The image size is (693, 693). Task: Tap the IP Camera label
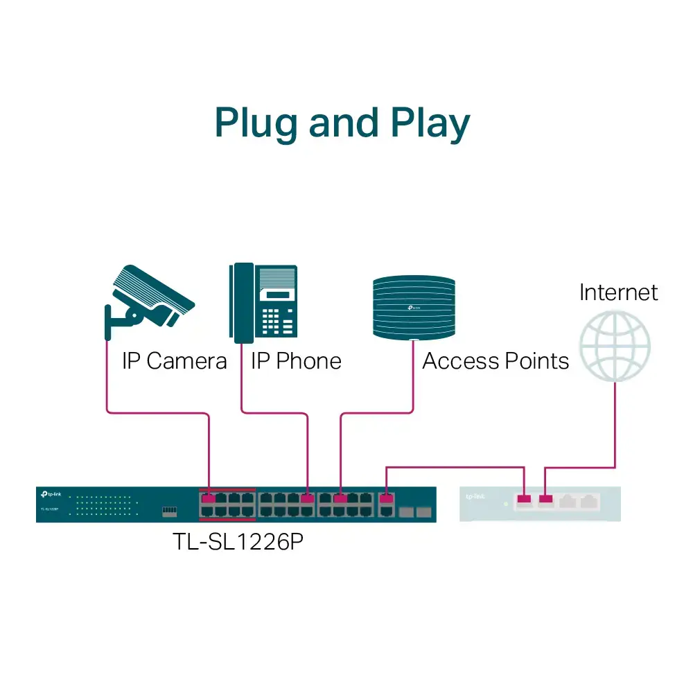[174, 361]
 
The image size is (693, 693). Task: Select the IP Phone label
[296, 361]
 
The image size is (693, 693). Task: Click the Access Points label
[495, 361]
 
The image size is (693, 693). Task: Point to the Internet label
[618, 292]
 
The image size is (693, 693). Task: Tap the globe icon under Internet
[615, 346]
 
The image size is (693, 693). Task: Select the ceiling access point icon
[414, 307]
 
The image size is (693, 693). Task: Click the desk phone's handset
[242, 303]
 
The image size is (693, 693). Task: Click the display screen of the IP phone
[277, 294]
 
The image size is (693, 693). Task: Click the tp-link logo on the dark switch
[52, 494]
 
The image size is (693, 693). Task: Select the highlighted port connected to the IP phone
[308, 498]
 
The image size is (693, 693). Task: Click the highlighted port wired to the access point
[340, 498]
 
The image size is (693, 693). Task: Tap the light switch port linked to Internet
[546, 498]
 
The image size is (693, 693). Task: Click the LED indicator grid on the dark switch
[104, 505]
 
